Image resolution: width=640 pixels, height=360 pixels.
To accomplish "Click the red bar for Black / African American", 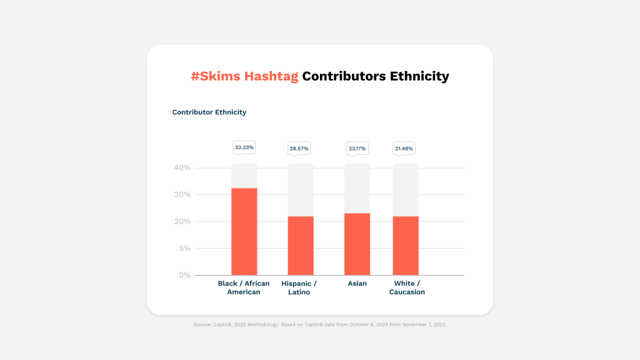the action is pos(244,231).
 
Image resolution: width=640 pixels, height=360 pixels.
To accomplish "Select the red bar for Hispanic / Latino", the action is pos(301,246).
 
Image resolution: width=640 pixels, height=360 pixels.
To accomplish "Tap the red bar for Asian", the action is pos(357,244).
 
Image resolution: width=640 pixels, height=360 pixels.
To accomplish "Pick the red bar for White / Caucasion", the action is pos(406,246).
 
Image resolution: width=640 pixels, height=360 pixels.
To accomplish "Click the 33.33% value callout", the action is pos(244,147).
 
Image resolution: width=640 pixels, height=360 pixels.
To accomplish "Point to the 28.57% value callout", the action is pos(299,149).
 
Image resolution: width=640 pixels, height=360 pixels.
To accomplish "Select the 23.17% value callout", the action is pos(357,149).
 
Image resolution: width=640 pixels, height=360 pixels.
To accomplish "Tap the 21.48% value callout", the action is pos(404,149).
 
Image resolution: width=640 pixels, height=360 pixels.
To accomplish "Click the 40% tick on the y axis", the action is pos(182,167).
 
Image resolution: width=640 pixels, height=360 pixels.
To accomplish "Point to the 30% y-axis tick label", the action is pos(182,195).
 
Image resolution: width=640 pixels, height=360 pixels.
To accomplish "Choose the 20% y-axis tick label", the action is pos(182,222).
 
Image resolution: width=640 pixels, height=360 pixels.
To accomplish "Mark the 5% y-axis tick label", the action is pos(185,248).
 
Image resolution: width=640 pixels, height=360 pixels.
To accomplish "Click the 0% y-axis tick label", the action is pos(185,275).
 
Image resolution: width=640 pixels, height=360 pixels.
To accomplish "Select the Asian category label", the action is pos(357,283).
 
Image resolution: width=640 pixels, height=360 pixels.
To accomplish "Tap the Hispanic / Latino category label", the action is pos(299,287).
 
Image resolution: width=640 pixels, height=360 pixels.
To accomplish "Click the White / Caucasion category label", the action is pos(407,287).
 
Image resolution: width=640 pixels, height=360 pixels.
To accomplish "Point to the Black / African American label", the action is pos(244,287).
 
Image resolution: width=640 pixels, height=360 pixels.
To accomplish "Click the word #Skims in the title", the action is pos(216,76).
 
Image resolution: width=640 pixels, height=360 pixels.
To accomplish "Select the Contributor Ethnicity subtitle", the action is pos(209,112).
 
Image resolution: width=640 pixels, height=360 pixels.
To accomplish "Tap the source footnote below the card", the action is pos(320,324).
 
